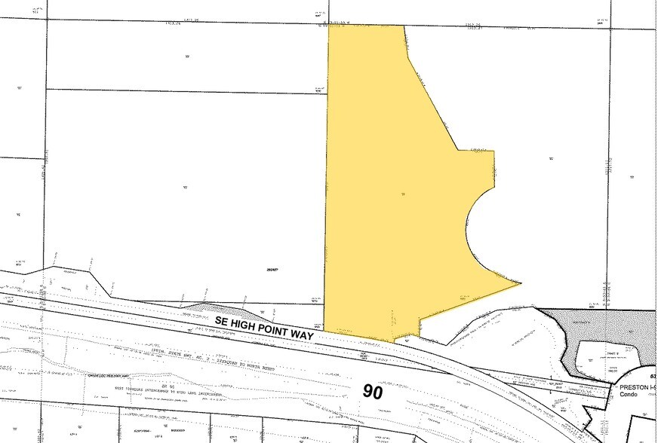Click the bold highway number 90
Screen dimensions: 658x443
coord(373,391)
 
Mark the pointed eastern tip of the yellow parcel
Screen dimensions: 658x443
coord(521,283)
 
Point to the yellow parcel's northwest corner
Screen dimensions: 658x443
coord(329,26)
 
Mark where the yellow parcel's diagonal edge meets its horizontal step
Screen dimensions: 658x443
coord(457,150)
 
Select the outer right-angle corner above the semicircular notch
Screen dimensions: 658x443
coord(494,151)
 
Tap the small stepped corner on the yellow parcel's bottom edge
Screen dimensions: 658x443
coord(419,335)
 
